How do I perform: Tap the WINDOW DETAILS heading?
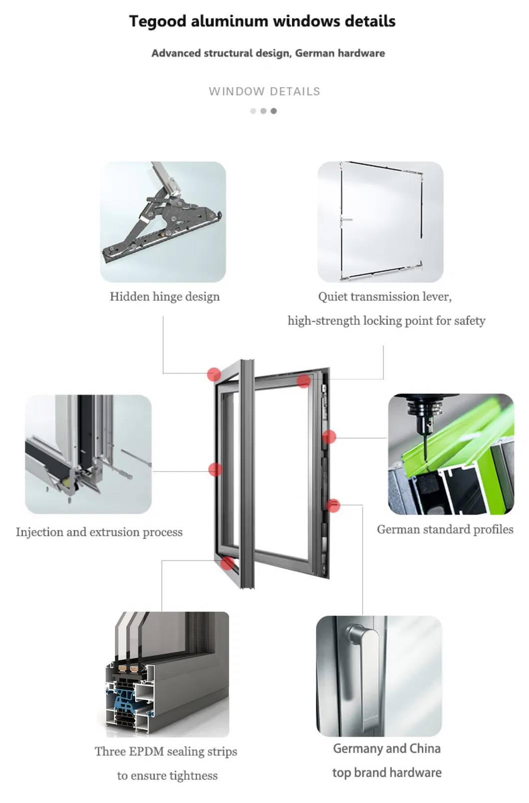click(x=264, y=92)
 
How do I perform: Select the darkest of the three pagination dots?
click(x=273, y=111)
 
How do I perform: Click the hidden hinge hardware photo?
click(x=163, y=222)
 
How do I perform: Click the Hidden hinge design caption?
click(x=165, y=297)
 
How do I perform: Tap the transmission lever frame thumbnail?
click(x=380, y=222)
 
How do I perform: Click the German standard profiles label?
click(x=445, y=530)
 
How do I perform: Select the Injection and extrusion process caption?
click(x=99, y=532)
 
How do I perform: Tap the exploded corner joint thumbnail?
click(x=88, y=454)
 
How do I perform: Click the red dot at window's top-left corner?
click(x=214, y=374)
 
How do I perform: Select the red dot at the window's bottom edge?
click(x=228, y=563)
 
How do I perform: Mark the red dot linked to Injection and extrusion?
click(x=215, y=469)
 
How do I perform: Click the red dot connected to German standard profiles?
click(x=329, y=437)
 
